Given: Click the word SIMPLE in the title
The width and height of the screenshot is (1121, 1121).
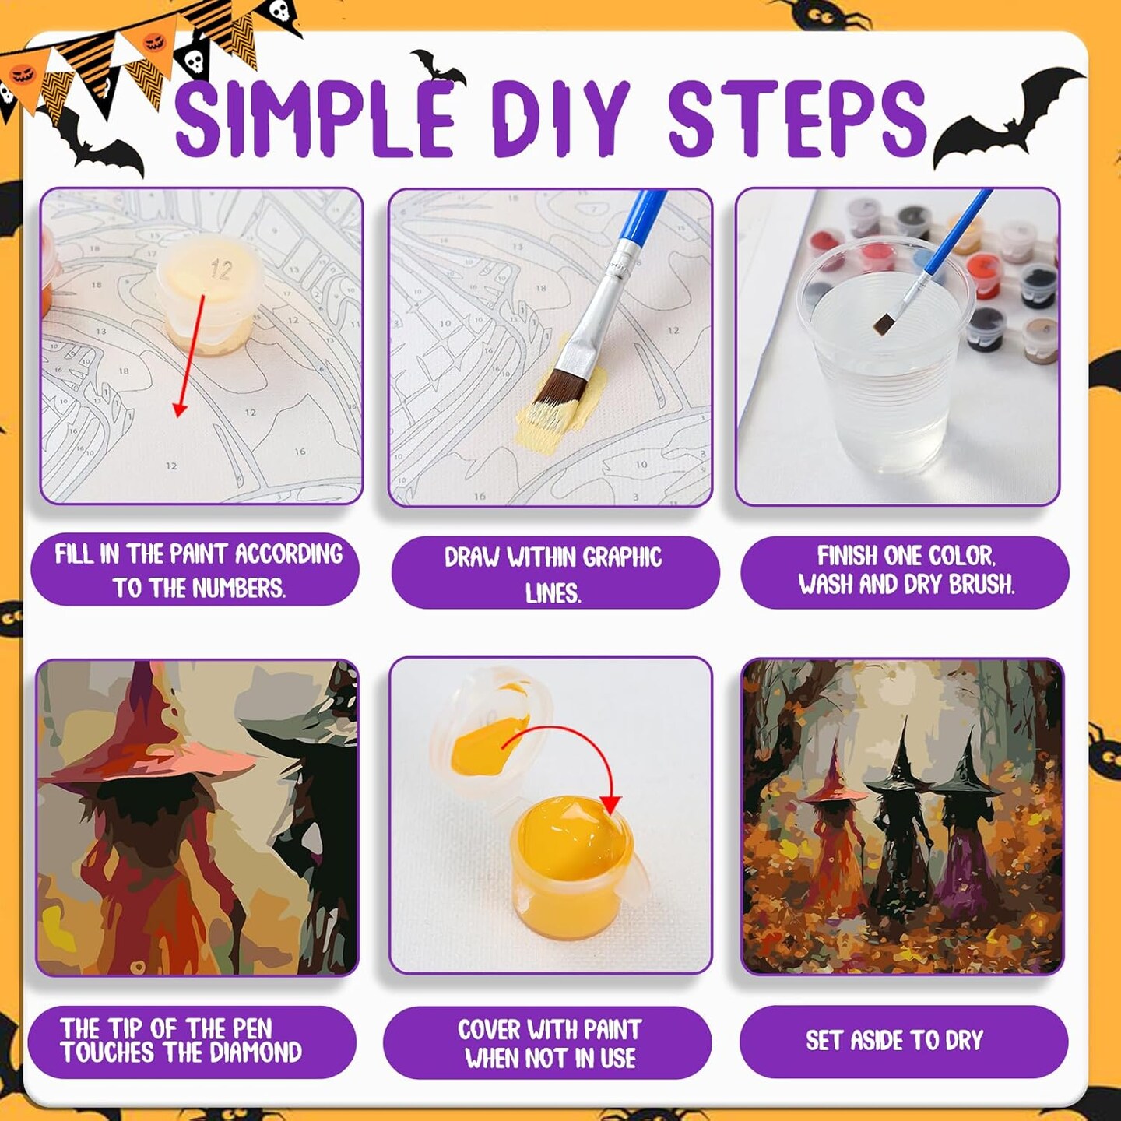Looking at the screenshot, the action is pyautogui.click(x=315, y=118).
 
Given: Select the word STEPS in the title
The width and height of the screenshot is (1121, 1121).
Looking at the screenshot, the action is pyautogui.click(x=798, y=118).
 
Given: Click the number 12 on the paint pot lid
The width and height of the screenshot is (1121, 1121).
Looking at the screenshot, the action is pyautogui.click(x=220, y=269).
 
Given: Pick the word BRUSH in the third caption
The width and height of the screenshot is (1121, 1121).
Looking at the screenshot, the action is pyautogui.click(x=982, y=584).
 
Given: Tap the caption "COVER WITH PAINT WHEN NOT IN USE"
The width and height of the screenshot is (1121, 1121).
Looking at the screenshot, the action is pyautogui.click(x=550, y=1044).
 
